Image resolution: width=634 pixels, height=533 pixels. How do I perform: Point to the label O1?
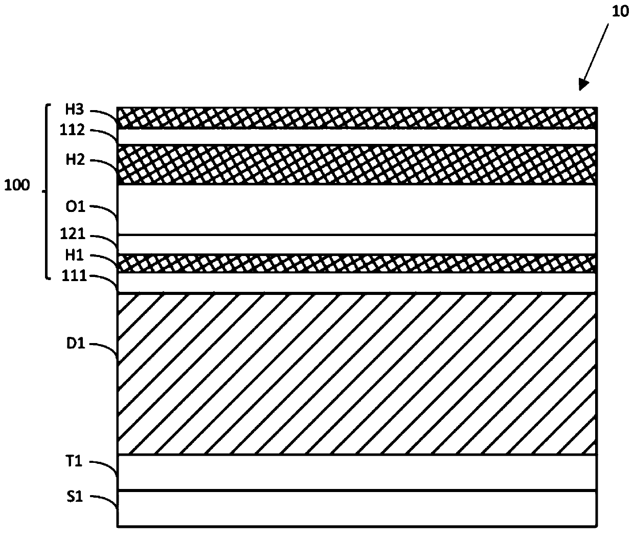click(74, 207)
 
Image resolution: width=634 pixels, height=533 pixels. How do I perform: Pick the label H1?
click(74, 255)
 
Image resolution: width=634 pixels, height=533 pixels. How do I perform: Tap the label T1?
click(74, 462)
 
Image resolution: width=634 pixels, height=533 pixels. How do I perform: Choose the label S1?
click(74, 496)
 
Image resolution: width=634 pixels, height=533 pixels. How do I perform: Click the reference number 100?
click(17, 185)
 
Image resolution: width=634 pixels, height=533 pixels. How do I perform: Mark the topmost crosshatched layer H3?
click(357, 118)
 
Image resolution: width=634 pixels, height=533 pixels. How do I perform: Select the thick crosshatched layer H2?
click(357, 164)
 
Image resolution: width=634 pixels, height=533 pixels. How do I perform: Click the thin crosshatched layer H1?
click(357, 263)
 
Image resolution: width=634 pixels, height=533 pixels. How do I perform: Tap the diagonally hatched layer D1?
click(357, 374)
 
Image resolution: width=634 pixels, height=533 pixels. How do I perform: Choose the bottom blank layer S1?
click(357, 508)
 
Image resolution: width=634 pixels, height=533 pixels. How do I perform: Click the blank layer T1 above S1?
click(357, 472)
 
